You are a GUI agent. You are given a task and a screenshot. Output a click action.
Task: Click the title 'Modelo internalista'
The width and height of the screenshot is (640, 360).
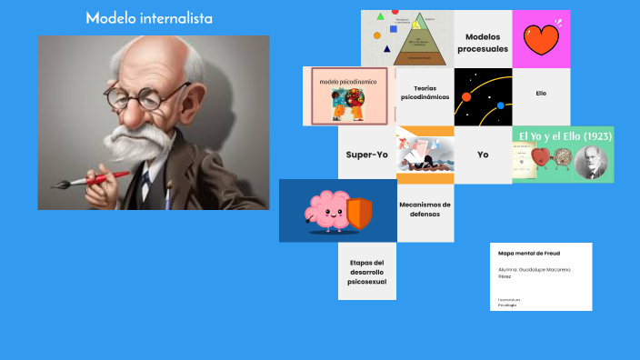click(150, 17)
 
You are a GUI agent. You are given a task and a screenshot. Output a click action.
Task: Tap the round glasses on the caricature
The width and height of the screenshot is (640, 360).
click(135, 95)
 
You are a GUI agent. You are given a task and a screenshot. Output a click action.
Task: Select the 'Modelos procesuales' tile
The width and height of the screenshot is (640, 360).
click(483, 42)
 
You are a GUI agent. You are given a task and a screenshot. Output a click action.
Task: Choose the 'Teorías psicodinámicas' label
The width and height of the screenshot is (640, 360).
click(425, 93)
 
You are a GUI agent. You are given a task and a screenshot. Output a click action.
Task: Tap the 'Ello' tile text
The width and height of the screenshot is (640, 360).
click(541, 94)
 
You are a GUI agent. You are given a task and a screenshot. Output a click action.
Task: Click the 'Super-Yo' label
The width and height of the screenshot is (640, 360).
click(367, 155)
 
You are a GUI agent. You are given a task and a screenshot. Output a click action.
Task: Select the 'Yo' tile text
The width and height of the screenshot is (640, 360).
click(483, 155)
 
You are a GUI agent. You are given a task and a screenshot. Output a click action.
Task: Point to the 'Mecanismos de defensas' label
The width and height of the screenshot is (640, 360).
click(425, 209)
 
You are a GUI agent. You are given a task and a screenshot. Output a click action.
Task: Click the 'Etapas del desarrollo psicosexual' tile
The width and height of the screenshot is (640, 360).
click(367, 272)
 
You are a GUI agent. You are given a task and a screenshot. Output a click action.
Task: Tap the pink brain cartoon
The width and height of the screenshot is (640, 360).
click(325, 211)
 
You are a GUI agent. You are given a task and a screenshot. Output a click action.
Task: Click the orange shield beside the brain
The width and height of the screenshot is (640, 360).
click(360, 213)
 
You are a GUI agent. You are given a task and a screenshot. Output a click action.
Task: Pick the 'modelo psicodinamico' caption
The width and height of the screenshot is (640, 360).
click(347, 81)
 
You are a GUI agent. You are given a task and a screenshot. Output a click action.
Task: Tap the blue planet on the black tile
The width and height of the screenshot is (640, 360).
click(500, 105)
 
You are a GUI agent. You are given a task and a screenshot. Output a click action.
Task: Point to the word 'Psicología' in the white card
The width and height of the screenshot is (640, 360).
click(507, 305)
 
